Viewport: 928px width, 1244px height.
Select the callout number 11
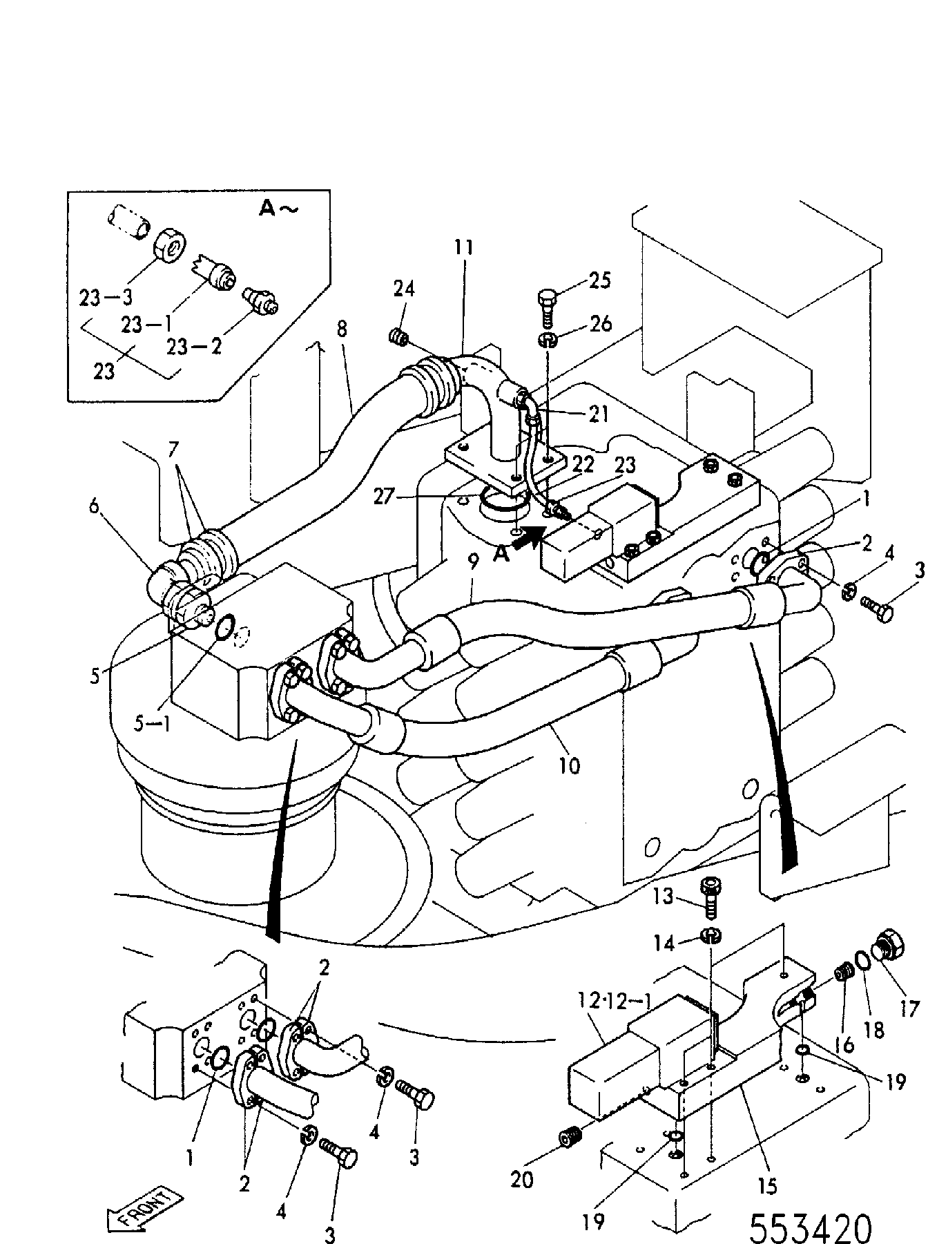(x=464, y=247)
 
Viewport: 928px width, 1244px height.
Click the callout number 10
(x=570, y=765)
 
